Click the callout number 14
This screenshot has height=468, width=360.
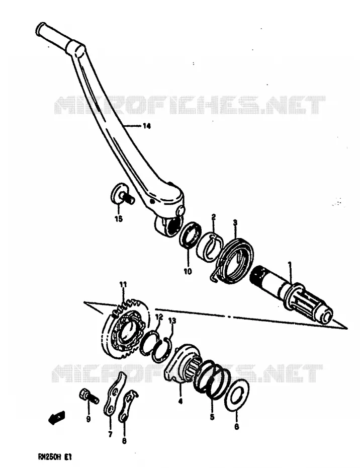pyautogui.click(x=146, y=126)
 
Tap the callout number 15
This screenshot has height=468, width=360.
pyautogui.click(x=119, y=219)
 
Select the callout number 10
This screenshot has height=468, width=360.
pyautogui.click(x=188, y=272)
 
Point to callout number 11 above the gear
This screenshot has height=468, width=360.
pyautogui.click(x=123, y=284)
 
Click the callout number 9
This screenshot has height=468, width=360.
pyautogui.click(x=88, y=419)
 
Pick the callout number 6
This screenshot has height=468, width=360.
pyautogui.click(x=236, y=427)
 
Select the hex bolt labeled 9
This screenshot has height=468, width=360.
pyautogui.click(x=88, y=397)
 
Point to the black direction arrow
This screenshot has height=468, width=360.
pyautogui.click(x=56, y=417)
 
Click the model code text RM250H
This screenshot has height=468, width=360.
pyautogui.click(x=46, y=456)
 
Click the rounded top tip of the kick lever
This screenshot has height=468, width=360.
pyautogui.click(x=40, y=28)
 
